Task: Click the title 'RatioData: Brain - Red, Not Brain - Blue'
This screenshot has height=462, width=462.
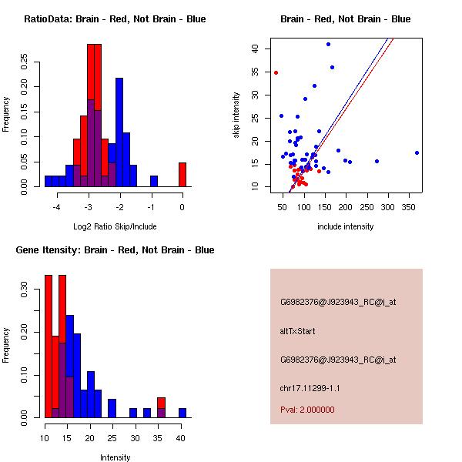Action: pyautogui.click(x=115, y=19)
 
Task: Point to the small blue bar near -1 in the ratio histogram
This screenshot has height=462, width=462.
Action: pyautogui.click(x=154, y=181)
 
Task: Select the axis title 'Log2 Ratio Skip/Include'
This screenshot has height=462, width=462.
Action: pyautogui.click(x=115, y=226)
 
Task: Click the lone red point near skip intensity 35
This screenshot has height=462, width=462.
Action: pyautogui.click(x=276, y=72)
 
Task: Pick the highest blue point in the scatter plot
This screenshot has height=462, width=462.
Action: pyautogui.click(x=328, y=44)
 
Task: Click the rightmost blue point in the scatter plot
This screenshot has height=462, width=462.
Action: pyautogui.click(x=417, y=152)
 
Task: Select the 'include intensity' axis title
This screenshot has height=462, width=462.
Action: pyautogui.click(x=346, y=226)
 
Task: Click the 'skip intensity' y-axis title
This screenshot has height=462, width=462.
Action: pyautogui.click(x=237, y=115)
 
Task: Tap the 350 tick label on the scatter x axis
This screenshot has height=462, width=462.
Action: pyautogui.click(x=409, y=207)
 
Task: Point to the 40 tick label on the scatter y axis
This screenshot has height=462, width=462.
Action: pyautogui.click(x=255, y=49)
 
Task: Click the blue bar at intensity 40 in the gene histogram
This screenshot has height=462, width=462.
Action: pyautogui.click(x=182, y=412)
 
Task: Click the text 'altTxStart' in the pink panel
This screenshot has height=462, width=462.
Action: pyautogui.click(x=298, y=331)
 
